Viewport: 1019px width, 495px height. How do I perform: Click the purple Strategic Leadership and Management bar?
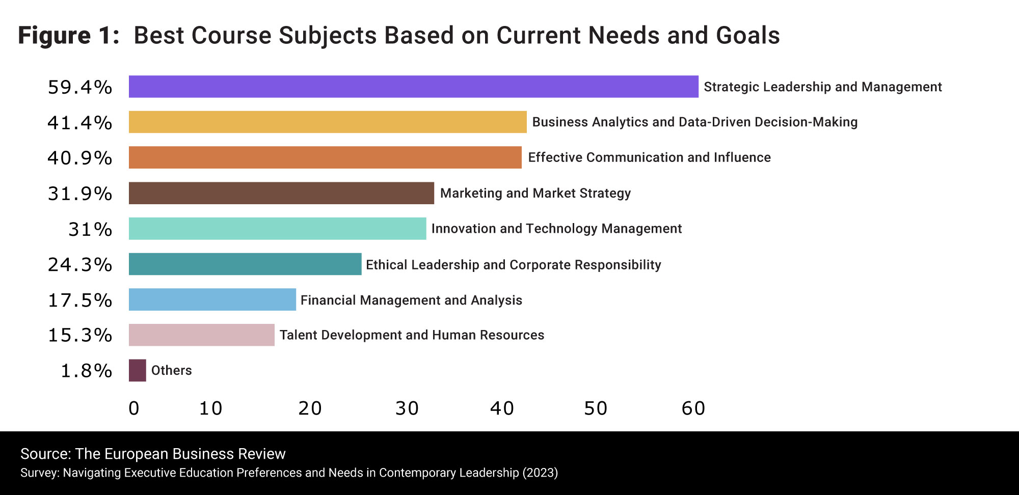coord(413,87)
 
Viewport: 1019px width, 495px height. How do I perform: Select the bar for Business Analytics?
coord(328,122)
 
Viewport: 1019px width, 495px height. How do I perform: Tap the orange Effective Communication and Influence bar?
coord(325,157)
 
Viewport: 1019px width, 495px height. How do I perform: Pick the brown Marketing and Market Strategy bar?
coord(281,193)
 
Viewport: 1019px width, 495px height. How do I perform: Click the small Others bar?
coord(138,370)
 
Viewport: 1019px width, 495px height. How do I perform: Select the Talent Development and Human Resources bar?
coord(201,335)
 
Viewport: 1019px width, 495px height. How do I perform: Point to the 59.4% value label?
coord(80,87)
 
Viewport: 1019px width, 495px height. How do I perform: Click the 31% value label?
coord(90,229)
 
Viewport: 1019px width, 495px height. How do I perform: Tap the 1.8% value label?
coord(86,371)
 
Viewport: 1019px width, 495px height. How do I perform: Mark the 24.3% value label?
coord(80,264)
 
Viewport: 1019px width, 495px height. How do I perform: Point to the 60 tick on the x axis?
coord(693,408)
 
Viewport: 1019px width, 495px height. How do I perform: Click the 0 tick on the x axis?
coord(134,408)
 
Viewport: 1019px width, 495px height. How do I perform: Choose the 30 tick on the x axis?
coord(407,408)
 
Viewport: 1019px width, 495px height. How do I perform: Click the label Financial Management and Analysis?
coord(411,300)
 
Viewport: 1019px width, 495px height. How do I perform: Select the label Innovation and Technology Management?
coord(556,229)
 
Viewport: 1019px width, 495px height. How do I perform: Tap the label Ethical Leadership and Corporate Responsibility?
coord(513,265)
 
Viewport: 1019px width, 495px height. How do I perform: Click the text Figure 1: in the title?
coord(69,36)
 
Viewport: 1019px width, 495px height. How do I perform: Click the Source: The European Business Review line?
coord(153,454)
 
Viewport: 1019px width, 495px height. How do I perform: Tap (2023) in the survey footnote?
coord(540,473)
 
